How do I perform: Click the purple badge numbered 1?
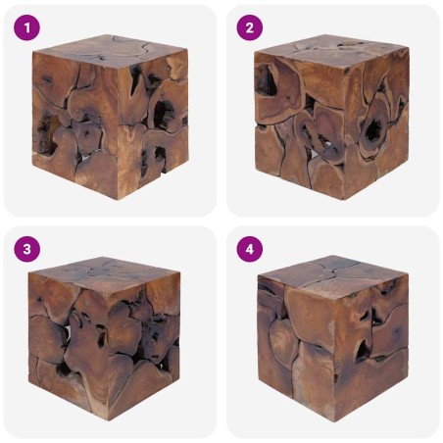point(29,27)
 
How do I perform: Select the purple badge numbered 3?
point(29,249)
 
